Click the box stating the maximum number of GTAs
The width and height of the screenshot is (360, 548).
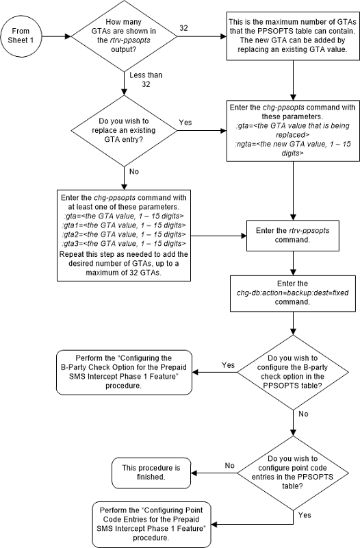(292, 39)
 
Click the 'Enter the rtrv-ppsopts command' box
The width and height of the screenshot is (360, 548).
(293, 234)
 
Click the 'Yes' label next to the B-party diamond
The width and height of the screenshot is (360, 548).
(228, 365)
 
